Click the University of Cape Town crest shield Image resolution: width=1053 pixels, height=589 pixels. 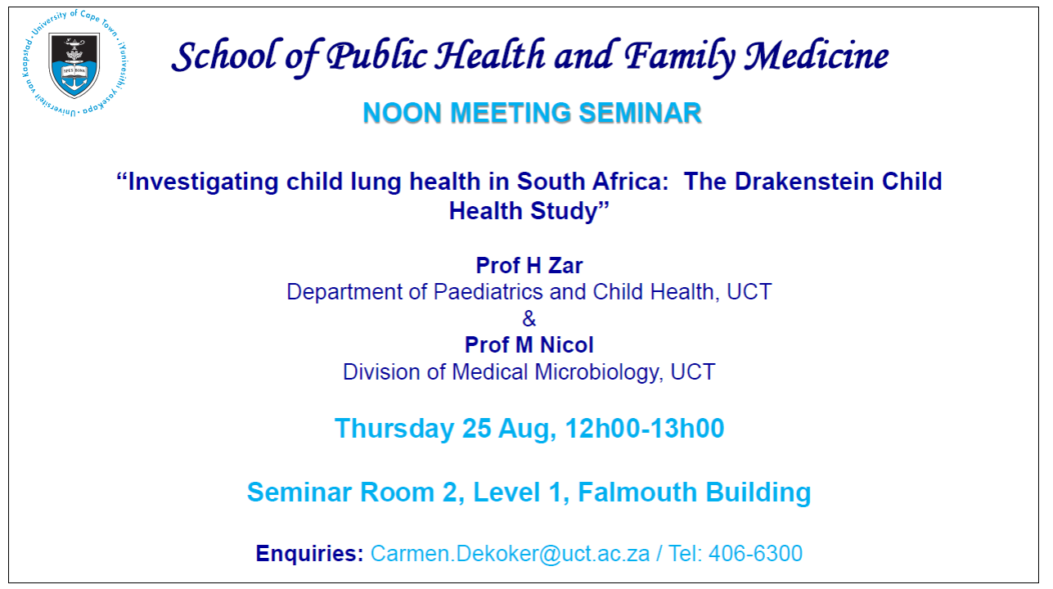[74, 65]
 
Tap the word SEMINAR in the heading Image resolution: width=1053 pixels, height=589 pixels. [641, 113]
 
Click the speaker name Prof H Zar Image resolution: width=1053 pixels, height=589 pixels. [529, 266]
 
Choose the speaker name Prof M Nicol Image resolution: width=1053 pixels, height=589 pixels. [529, 345]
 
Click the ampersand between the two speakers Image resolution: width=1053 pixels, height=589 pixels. [529, 319]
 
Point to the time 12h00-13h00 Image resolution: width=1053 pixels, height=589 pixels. [645, 429]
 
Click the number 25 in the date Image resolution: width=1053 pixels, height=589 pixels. [477, 429]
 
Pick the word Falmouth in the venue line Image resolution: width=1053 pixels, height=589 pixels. [637, 492]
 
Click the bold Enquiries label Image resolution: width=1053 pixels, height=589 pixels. [309, 553]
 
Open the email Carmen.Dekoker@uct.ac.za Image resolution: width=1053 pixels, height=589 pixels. [510, 553]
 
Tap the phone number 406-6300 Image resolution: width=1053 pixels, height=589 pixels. [755, 553]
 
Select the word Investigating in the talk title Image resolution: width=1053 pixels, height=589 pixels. [203, 182]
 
